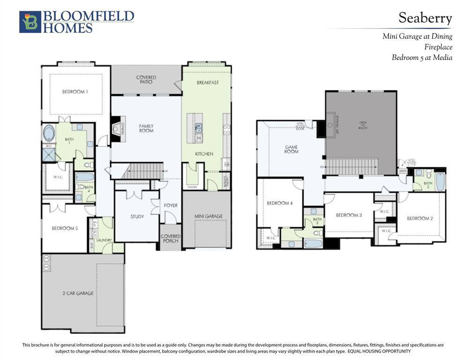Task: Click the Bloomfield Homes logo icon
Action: click(x=30, y=22)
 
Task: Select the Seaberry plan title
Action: click(x=425, y=18)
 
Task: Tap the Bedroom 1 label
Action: click(x=75, y=92)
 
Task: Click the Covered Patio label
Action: click(x=146, y=80)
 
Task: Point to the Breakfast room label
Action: click(x=208, y=82)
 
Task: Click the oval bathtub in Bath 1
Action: click(x=49, y=133)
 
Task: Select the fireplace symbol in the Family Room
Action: click(x=117, y=127)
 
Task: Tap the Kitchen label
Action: click(x=204, y=154)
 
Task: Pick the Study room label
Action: click(x=137, y=217)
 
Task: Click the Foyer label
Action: click(x=171, y=205)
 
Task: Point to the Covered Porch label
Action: click(x=171, y=239)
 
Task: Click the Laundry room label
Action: click(x=104, y=240)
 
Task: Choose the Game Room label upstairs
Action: click(x=292, y=149)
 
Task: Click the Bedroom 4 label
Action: click(x=279, y=203)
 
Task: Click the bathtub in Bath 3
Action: click(x=440, y=182)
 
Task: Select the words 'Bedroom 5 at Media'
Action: click(x=422, y=58)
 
